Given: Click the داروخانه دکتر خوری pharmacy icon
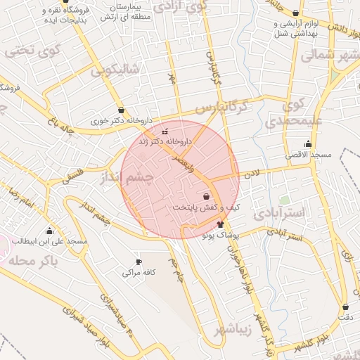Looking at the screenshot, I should pyautogui.click(x=122, y=110).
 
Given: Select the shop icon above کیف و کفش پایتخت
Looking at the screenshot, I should pyautogui.click(x=206, y=196).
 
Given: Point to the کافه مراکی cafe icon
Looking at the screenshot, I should pyautogui.click(x=139, y=262).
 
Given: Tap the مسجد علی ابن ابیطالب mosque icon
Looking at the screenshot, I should pyautogui.click(x=49, y=231).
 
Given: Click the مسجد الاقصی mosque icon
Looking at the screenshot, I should pyautogui.click(x=308, y=143).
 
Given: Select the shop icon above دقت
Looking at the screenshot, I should pyautogui.click(x=345, y=307).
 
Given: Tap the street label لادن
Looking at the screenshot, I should pyautogui.click(x=252, y=172).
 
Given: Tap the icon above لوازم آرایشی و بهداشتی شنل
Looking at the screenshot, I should pyautogui.click(x=295, y=13).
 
